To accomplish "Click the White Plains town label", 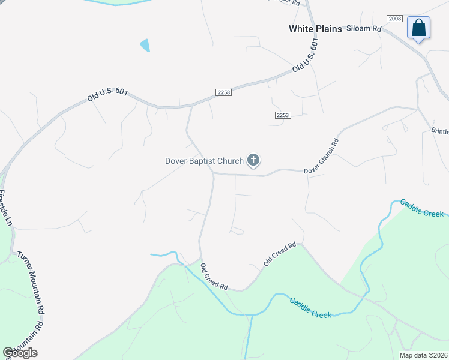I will (315, 29).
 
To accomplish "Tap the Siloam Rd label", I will (364, 28).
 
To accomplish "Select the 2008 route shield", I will (394, 19).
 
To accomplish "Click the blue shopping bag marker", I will (418, 28).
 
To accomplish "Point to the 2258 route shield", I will (223, 92).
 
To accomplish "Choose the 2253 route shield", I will (283, 115).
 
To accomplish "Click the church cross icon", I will (253, 160).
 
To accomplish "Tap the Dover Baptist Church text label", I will (204, 161).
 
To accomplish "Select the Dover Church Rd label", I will (321, 157).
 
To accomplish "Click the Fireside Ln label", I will (5, 208).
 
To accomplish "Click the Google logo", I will (20, 353).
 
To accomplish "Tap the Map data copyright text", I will (423, 355).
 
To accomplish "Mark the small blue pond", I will (145, 45).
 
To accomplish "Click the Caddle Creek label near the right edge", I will (422, 208).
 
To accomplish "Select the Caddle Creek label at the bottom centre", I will (310, 308).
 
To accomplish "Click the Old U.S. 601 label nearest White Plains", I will (304, 55).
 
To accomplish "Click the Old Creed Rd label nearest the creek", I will (214, 277).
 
